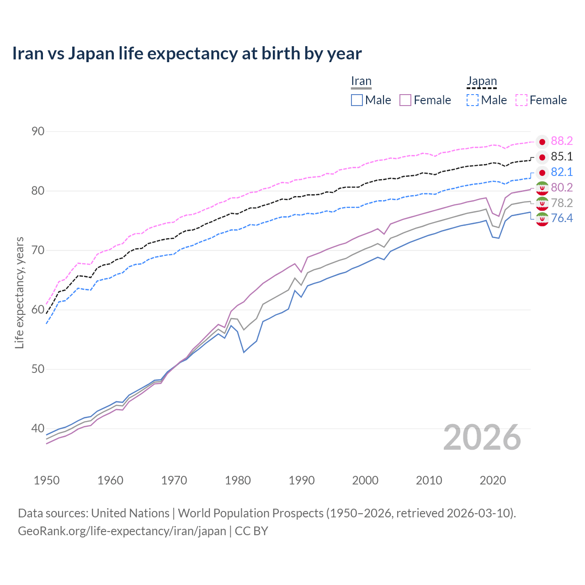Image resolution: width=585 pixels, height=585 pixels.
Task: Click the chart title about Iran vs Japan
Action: click(x=186, y=53)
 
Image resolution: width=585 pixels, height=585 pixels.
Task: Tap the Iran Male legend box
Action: click(x=357, y=100)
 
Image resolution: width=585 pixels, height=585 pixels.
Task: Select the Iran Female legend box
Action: click(x=405, y=100)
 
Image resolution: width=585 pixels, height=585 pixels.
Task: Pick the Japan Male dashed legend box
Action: click(x=473, y=100)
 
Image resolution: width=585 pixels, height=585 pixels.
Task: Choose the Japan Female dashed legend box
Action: click(x=521, y=100)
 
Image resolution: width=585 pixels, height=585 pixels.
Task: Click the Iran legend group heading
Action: click(x=361, y=81)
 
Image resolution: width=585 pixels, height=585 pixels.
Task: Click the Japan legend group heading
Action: click(x=481, y=81)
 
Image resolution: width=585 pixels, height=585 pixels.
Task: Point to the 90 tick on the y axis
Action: click(x=38, y=132)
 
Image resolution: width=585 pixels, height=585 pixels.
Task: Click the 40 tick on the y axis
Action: click(x=38, y=429)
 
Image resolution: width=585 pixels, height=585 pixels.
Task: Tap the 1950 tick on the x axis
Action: click(x=47, y=480)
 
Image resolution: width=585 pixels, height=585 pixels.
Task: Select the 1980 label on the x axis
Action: click(x=238, y=480)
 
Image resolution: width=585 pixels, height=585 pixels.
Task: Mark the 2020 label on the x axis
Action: click(x=493, y=480)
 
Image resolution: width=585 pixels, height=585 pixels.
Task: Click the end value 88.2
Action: click(x=562, y=141)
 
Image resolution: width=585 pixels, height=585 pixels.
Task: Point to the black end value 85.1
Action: click(x=562, y=157)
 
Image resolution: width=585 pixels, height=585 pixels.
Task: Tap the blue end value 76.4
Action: click(x=562, y=218)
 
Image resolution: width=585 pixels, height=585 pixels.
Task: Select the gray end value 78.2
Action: click(x=562, y=203)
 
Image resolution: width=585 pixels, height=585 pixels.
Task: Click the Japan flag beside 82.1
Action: click(x=542, y=172)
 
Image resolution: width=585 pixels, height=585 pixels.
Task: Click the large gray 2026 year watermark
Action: click(x=482, y=437)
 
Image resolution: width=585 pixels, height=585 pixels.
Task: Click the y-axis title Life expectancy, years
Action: click(x=19, y=292)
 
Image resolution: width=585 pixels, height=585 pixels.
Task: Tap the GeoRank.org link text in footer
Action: click(x=122, y=531)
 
